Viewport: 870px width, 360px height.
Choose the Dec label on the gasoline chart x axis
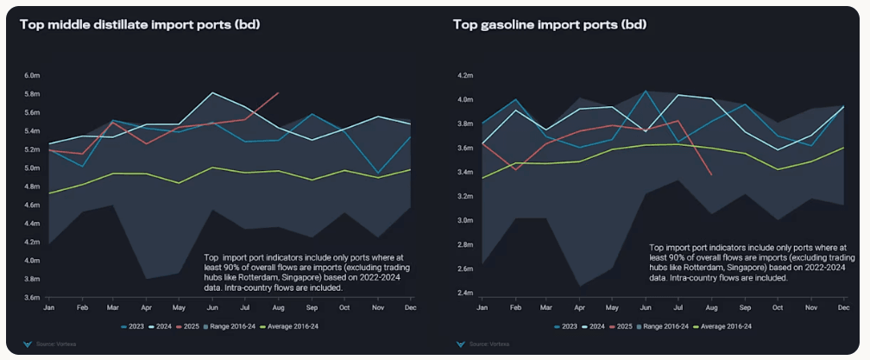pyautogui.click(x=842, y=308)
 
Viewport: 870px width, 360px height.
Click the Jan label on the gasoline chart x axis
pyautogui.click(x=482, y=308)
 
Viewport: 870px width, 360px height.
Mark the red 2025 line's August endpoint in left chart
pyautogui.click(x=278, y=92)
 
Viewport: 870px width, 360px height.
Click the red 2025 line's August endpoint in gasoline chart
pyautogui.click(x=711, y=174)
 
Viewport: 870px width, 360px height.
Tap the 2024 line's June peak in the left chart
pyautogui.click(x=212, y=92)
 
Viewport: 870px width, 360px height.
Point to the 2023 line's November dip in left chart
pyautogui.click(x=376, y=174)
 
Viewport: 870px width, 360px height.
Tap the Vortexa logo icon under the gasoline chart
pyautogui.click(x=460, y=344)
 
